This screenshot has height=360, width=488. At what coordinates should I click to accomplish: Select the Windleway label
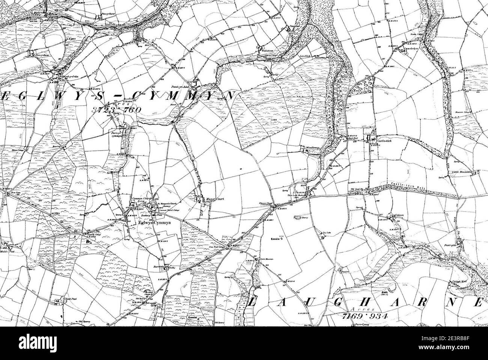pos(312,148)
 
